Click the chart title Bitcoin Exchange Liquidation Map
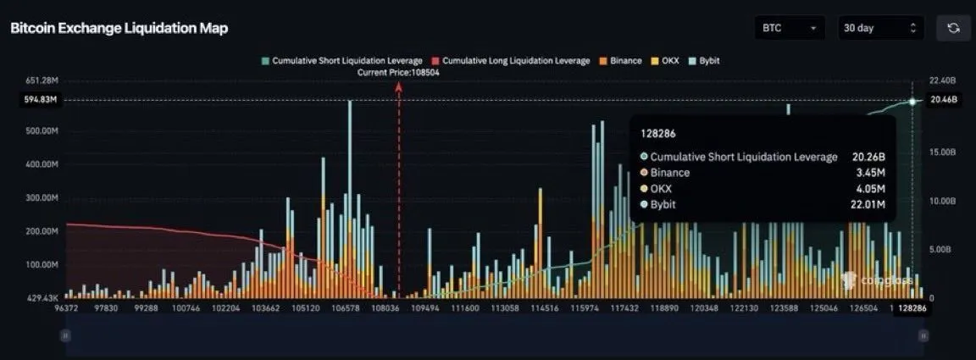tap(119, 28)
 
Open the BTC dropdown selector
tap(789, 28)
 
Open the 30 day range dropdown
tap(879, 28)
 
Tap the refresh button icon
tap(953, 28)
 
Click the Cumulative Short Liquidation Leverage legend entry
tap(342, 61)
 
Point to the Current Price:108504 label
tap(398, 73)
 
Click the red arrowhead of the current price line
tap(399, 86)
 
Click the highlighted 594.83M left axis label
tap(41, 100)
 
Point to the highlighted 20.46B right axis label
tap(943, 100)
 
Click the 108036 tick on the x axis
tap(385, 309)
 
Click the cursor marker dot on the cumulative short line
tap(912, 101)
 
